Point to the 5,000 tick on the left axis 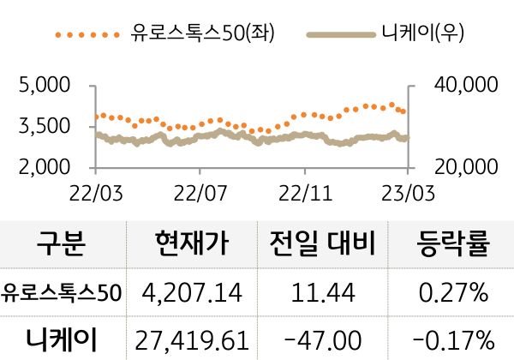(x=45, y=86)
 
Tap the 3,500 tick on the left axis (x=45, y=127)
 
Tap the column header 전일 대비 (x=323, y=246)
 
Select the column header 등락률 (x=453, y=246)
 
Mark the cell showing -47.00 (x=323, y=339)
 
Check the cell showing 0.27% (x=453, y=293)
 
